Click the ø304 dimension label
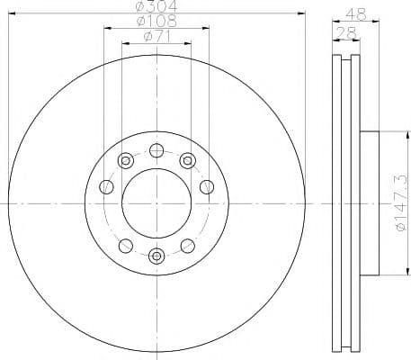(x=156, y=6)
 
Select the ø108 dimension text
(x=156, y=22)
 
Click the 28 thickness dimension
(x=344, y=34)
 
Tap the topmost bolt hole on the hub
(x=156, y=150)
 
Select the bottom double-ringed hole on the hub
(x=156, y=256)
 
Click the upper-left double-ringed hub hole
(x=125, y=161)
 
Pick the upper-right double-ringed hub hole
(x=187, y=161)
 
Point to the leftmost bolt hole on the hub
(x=105, y=187)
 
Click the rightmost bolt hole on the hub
(x=208, y=187)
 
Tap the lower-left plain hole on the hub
(x=125, y=246)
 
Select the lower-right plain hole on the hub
(x=187, y=246)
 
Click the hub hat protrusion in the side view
(x=371, y=203)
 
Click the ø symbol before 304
(x=140, y=6)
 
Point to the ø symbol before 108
(x=140, y=22)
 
